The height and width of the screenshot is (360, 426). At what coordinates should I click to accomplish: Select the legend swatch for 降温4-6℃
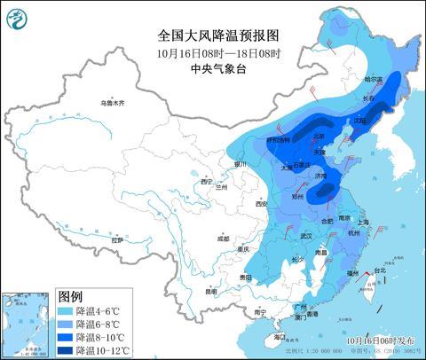(x=64, y=312)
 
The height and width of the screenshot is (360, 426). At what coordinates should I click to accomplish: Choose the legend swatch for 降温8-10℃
(x=64, y=337)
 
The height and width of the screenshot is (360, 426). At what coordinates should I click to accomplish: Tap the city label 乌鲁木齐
(x=113, y=104)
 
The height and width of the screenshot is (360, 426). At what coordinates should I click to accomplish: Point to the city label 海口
(x=280, y=337)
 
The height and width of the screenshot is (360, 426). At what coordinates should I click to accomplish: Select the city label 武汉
(x=308, y=235)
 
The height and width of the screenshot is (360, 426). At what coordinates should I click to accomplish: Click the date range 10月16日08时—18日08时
(x=218, y=53)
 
